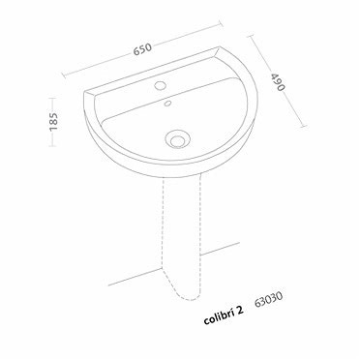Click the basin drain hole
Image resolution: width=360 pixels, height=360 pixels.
point(176,137)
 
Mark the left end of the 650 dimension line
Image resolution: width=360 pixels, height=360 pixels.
point(62,74)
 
